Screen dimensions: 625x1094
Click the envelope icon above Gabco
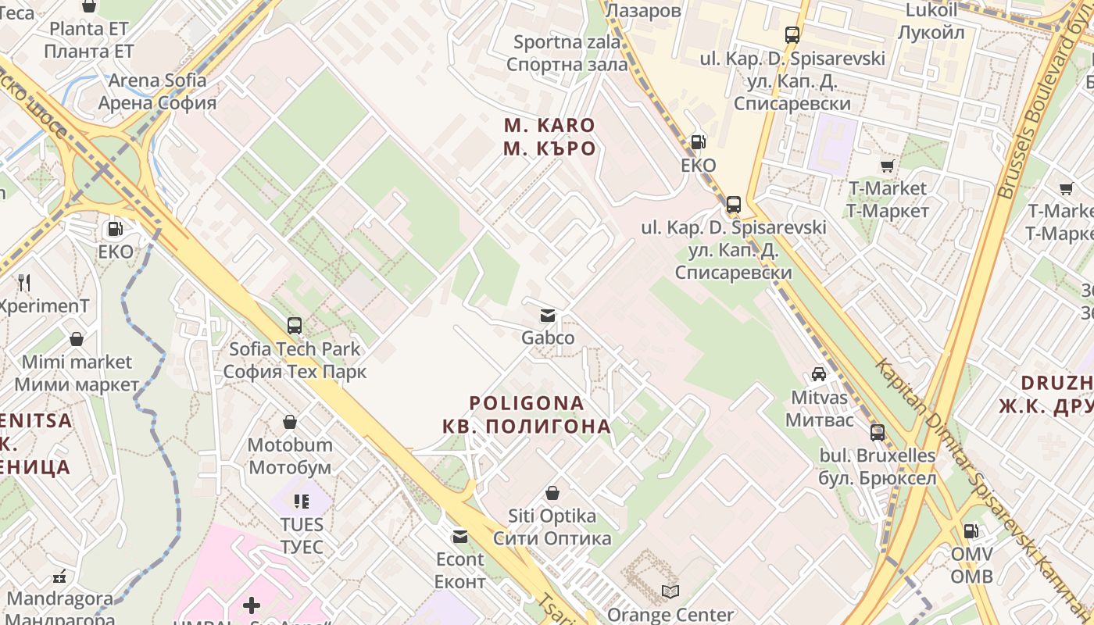tap(548, 316)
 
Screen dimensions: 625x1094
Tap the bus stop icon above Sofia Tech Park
tap(295, 326)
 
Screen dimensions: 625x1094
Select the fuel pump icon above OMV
tap(971, 531)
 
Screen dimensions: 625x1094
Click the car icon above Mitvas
tap(819, 374)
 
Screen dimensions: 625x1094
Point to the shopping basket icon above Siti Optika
tap(552, 493)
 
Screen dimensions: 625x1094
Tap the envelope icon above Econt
tap(459, 537)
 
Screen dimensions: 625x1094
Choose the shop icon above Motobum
tap(290, 422)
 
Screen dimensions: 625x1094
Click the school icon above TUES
tap(302, 501)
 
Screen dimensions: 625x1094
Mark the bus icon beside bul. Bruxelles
tap(878, 432)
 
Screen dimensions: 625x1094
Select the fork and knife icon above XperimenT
tap(24, 282)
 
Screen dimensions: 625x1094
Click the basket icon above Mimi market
tap(77, 339)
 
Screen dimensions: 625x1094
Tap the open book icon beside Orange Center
tap(670, 591)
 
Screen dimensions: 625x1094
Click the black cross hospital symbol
tap(252, 605)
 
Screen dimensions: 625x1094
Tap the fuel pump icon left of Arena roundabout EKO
tap(115, 229)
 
